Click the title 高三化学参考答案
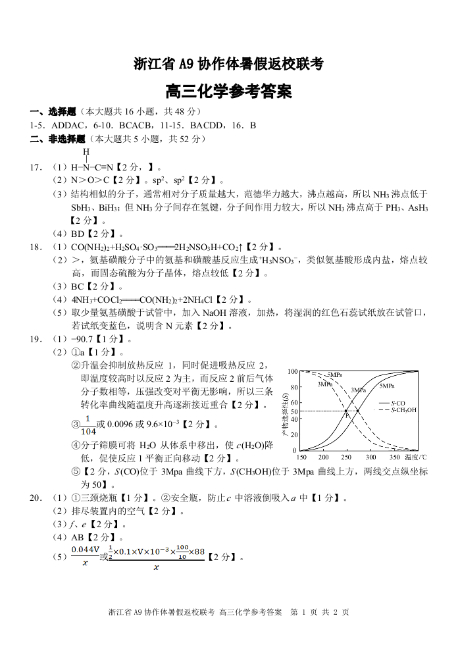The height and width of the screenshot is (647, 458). tap(228, 91)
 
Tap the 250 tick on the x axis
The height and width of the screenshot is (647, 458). tap(347, 457)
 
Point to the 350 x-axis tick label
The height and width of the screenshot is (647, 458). tap(394, 457)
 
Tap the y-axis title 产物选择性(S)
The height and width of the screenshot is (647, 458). tap(285, 411)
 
